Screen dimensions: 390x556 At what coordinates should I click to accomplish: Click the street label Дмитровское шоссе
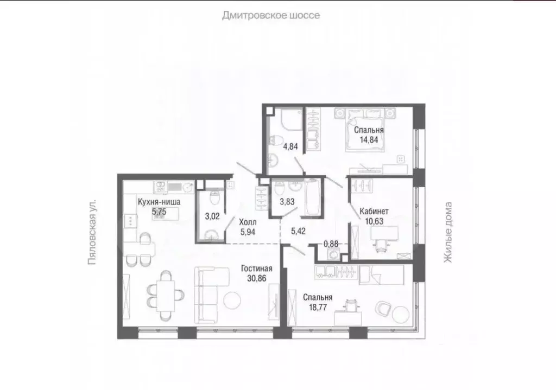pyautogui.click(x=270, y=15)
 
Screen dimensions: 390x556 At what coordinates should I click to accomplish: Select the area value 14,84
pyautogui.click(x=369, y=139)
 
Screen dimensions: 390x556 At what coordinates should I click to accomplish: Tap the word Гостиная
pyautogui.click(x=257, y=268)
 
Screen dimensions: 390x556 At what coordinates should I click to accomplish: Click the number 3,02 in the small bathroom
pyautogui.click(x=212, y=215)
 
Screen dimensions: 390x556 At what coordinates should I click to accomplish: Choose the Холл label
pyautogui.click(x=247, y=222)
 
